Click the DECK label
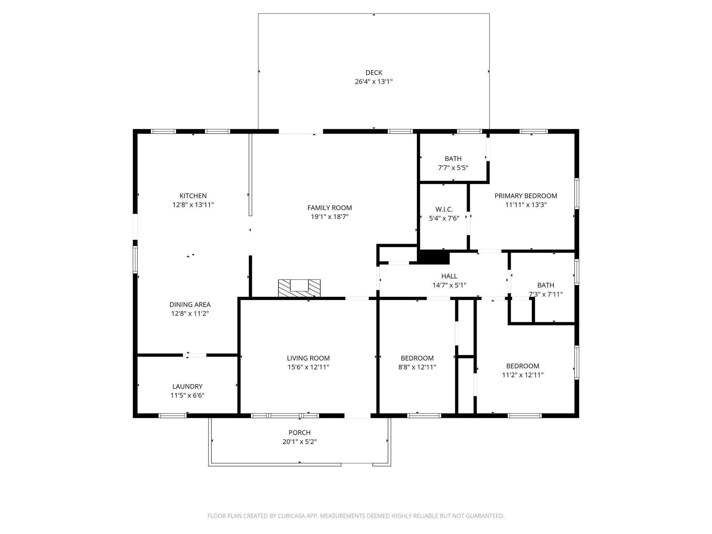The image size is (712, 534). [x=374, y=73]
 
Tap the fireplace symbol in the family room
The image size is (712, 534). [x=299, y=288]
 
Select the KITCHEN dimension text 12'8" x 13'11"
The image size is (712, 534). [x=193, y=205]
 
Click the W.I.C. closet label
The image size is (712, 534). [x=444, y=209]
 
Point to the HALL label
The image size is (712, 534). [x=449, y=276]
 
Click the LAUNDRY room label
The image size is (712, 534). [x=187, y=386]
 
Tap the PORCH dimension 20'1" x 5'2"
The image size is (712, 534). [x=299, y=442]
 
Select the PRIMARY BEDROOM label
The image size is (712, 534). [x=526, y=196]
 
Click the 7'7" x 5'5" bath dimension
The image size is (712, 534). [x=453, y=168]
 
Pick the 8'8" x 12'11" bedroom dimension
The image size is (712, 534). [x=417, y=367]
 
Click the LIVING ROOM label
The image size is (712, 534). [x=308, y=358]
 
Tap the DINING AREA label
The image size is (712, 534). [x=190, y=305]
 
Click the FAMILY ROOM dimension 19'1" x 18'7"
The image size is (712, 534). [x=330, y=217]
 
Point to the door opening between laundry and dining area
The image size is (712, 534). [x=195, y=355]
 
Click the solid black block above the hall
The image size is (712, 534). [x=434, y=257]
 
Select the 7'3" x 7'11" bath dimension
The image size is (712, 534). [x=545, y=294]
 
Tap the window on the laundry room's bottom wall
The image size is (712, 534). [x=172, y=415]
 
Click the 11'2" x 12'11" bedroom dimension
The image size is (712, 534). [x=523, y=375]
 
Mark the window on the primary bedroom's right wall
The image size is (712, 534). [x=576, y=193]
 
